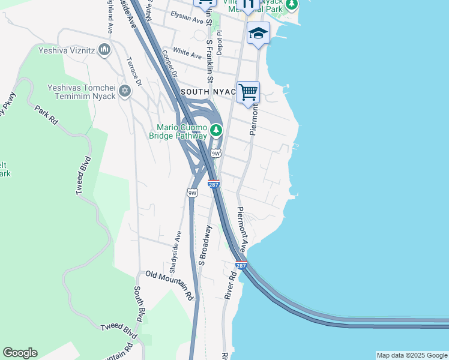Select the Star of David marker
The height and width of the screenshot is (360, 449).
click(125, 91)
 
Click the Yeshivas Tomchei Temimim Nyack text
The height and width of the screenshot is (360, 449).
click(81, 91)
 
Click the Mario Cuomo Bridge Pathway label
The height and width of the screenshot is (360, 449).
click(178, 131)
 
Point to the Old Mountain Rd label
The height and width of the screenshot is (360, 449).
click(170, 284)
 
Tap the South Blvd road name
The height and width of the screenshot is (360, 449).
click(139, 302)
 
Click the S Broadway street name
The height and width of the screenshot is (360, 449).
click(205, 245)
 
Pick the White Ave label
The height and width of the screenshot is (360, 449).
click(187, 53)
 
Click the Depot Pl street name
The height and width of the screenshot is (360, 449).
click(220, 43)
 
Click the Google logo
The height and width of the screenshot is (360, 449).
click(20, 353)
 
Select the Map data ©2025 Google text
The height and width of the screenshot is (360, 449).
click(412, 355)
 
